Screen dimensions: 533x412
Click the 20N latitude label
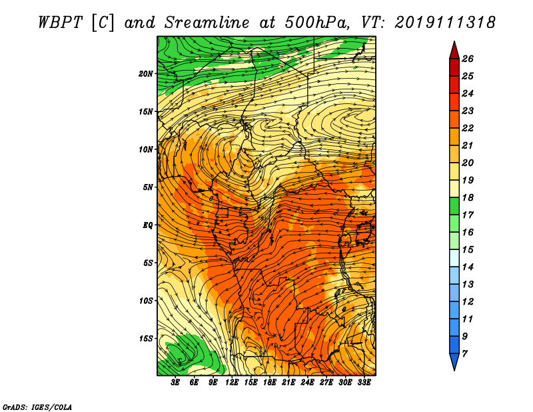click(146, 74)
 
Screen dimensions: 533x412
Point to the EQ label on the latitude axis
click(147, 225)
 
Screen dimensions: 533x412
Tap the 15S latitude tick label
click(146, 339)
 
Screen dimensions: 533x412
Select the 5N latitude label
click(148, 187)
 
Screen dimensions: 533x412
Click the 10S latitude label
click(146, 301)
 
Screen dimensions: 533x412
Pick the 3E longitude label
click(175, 383)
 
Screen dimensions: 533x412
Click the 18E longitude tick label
click(270, 383)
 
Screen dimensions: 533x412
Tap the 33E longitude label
click(364, 383)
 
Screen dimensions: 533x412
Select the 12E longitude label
click(232, 383)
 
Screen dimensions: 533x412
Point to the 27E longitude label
click(326, 383)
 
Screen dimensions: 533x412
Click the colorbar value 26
click(468, 59)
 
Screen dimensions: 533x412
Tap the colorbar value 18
click(468, 197)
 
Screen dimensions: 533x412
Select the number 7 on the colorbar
click(464, 354)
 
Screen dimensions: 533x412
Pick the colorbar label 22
click(468, 128)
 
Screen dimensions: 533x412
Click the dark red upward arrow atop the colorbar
click(454, 51)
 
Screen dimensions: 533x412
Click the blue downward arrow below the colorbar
click(454, 361)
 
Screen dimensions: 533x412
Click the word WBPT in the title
click(60, 23)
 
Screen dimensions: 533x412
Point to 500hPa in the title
click(317, 23)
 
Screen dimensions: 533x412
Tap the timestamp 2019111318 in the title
click(445, 23)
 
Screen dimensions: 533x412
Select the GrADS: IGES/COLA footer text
click(37, 407)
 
